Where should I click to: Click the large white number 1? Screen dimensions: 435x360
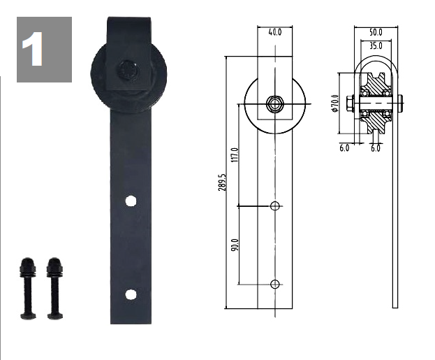pos(33,49)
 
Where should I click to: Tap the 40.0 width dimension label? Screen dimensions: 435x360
pos(275,32)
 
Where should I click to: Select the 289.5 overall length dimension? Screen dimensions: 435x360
pos(222,182)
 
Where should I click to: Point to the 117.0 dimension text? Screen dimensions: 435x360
pos(235,155)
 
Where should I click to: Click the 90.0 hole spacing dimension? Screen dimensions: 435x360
pos(235,245)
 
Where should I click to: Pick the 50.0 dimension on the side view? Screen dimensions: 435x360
pos(376,32)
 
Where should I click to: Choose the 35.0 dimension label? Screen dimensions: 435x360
pos(376,45)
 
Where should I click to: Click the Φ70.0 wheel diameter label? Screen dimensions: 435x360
pos(335,103)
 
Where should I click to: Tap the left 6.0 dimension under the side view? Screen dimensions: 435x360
pos(344,148)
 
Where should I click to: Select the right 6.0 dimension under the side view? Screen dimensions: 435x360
pos(376,148)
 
